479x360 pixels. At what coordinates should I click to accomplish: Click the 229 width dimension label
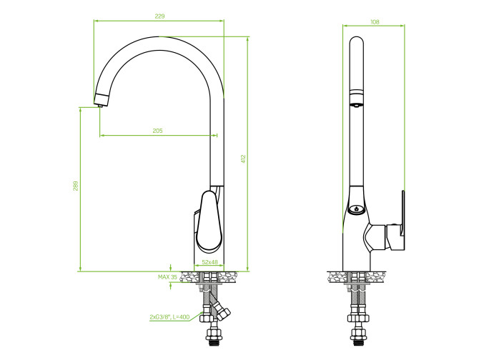159,16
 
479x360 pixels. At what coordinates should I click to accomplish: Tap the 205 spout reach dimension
157,131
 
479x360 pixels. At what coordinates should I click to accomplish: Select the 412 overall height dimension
243,159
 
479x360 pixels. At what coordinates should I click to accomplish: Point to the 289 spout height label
76,186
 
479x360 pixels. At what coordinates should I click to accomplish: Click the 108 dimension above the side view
375,22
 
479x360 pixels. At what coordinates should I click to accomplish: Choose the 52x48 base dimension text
210,262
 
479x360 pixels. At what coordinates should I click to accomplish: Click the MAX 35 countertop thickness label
167,277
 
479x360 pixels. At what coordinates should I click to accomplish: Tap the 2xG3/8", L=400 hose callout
169,317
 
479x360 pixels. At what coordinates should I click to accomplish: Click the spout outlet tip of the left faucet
100,106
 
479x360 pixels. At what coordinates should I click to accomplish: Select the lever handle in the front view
209,220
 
